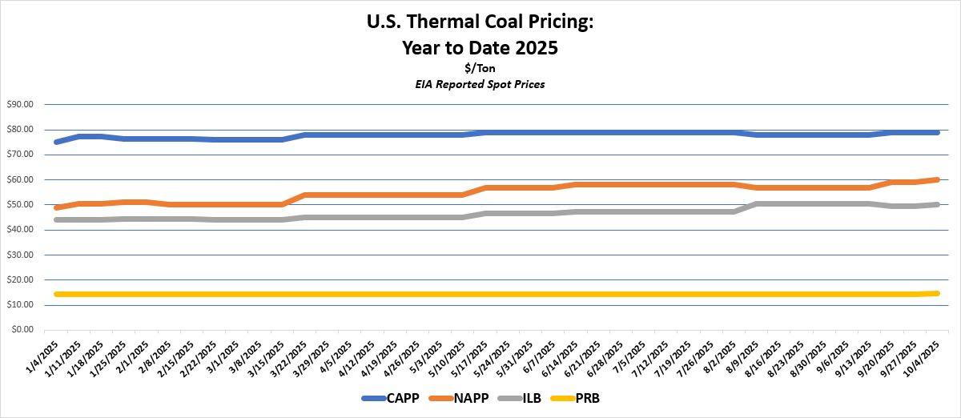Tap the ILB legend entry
pos(519,398)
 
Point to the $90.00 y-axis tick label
pos(20,104)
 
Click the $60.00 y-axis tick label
pos(20,179)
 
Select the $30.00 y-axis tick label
pos(20,255)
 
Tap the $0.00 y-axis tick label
pos(22,330)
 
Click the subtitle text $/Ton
pos(480,69)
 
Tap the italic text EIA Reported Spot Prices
pos(480,84)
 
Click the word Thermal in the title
pos(453,23)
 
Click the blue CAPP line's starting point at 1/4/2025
pos(56,142)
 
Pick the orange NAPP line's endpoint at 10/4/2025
pos(936,179)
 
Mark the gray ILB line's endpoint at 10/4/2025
pos(936,204)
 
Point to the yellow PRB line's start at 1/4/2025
pos(56,294)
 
